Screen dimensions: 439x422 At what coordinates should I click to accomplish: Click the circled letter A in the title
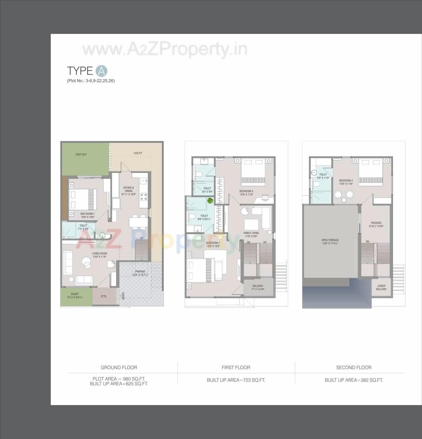101,71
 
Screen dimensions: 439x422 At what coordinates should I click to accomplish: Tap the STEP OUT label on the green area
81,154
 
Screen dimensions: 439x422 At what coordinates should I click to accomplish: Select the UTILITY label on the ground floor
138,153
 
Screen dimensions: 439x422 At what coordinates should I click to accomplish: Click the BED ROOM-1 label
87,214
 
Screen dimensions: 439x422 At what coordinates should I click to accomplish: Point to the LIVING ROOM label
99,253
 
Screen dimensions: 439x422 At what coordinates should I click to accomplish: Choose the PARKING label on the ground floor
140,271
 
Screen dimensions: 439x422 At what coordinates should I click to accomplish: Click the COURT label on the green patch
75,294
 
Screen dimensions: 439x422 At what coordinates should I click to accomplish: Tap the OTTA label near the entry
104,296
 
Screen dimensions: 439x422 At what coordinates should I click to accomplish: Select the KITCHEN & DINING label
129,189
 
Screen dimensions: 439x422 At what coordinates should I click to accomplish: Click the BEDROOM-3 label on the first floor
246,191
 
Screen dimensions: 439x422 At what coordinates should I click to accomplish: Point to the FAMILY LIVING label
251,233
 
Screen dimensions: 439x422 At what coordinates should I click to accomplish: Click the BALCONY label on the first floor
258,286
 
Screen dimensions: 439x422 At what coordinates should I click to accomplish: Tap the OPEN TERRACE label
330,240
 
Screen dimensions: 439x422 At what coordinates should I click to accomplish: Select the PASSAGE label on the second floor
376,223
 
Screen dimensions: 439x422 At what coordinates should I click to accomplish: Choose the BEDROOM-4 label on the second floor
346,180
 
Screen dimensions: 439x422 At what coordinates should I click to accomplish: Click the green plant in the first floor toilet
210,201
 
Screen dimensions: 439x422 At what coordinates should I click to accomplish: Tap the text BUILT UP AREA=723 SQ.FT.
236,380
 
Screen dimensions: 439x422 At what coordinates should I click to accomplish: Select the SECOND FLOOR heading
353,367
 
